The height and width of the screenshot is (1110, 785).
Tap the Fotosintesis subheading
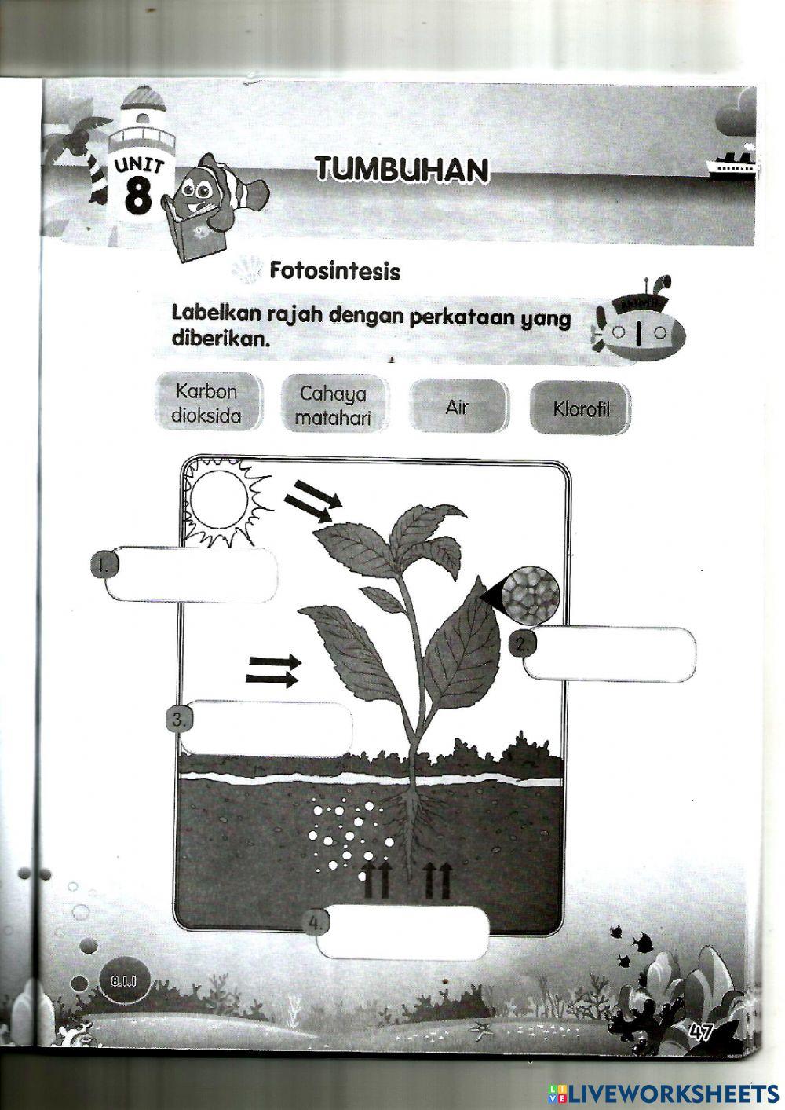point(334,271)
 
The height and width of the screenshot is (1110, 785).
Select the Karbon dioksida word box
point(206,403)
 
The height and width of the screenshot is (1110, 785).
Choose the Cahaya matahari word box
point(332,405)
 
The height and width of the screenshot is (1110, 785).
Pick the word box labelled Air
point(457,407)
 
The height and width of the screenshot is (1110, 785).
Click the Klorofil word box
point(580,408)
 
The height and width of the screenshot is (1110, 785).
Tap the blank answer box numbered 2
point(611,654)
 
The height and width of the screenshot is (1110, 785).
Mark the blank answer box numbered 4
point(404,932)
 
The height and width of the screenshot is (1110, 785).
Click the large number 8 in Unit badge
point(138,196)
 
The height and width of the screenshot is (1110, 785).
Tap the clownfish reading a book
point(207,200)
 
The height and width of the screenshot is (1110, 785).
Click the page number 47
point(699,1031)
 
